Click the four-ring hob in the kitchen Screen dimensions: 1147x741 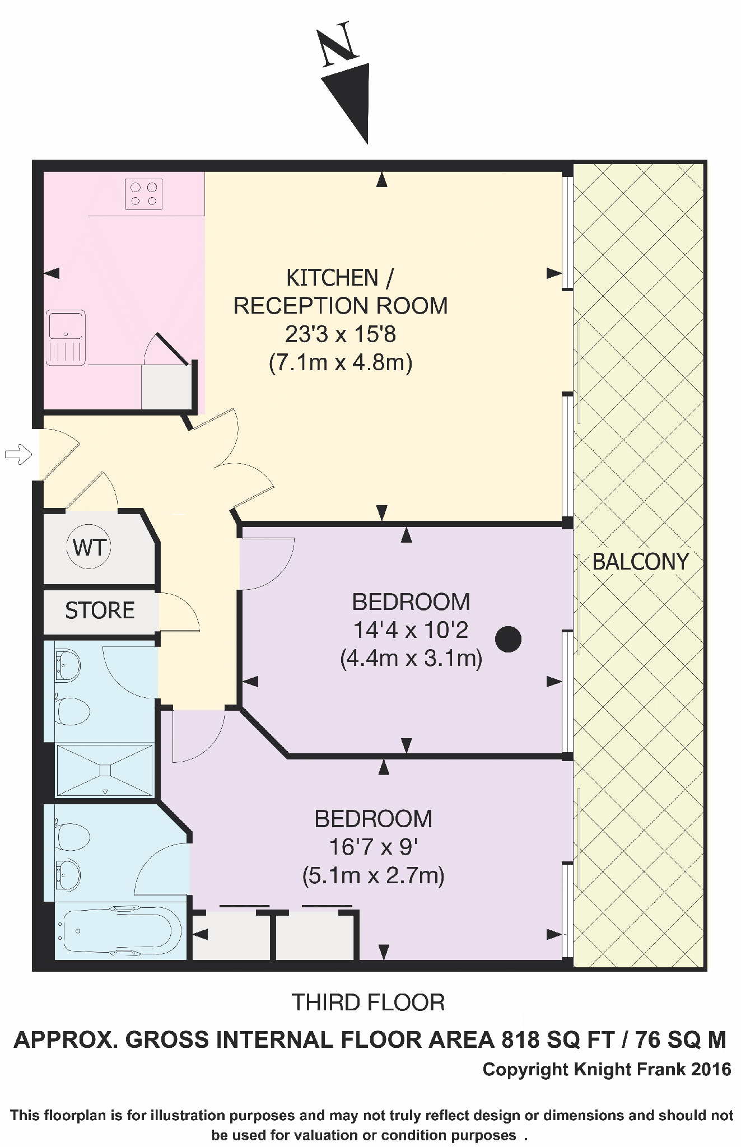[x=144, y=194]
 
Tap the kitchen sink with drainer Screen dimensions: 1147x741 [x=66, y=337]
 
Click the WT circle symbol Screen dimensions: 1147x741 [x=89, y=547]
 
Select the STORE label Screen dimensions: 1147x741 [x=100, y=610]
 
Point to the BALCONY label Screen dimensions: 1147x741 [x=640, y=562]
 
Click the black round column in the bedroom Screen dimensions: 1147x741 [x=508, y=639]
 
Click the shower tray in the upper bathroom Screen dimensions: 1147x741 [x=105, y=770]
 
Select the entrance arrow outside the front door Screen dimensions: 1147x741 [x=18, y=454]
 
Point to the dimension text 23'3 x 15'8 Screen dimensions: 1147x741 [x=341, y=334]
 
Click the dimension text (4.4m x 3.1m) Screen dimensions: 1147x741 [x=411, y=658]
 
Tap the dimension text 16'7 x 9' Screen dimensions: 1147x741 [x=373, y=847]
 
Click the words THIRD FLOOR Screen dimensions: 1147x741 [x=368, y=1003]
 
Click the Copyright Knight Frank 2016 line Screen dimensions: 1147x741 [x=607, y=1070]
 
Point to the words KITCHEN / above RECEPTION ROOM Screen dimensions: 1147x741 [x=340, y=278]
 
